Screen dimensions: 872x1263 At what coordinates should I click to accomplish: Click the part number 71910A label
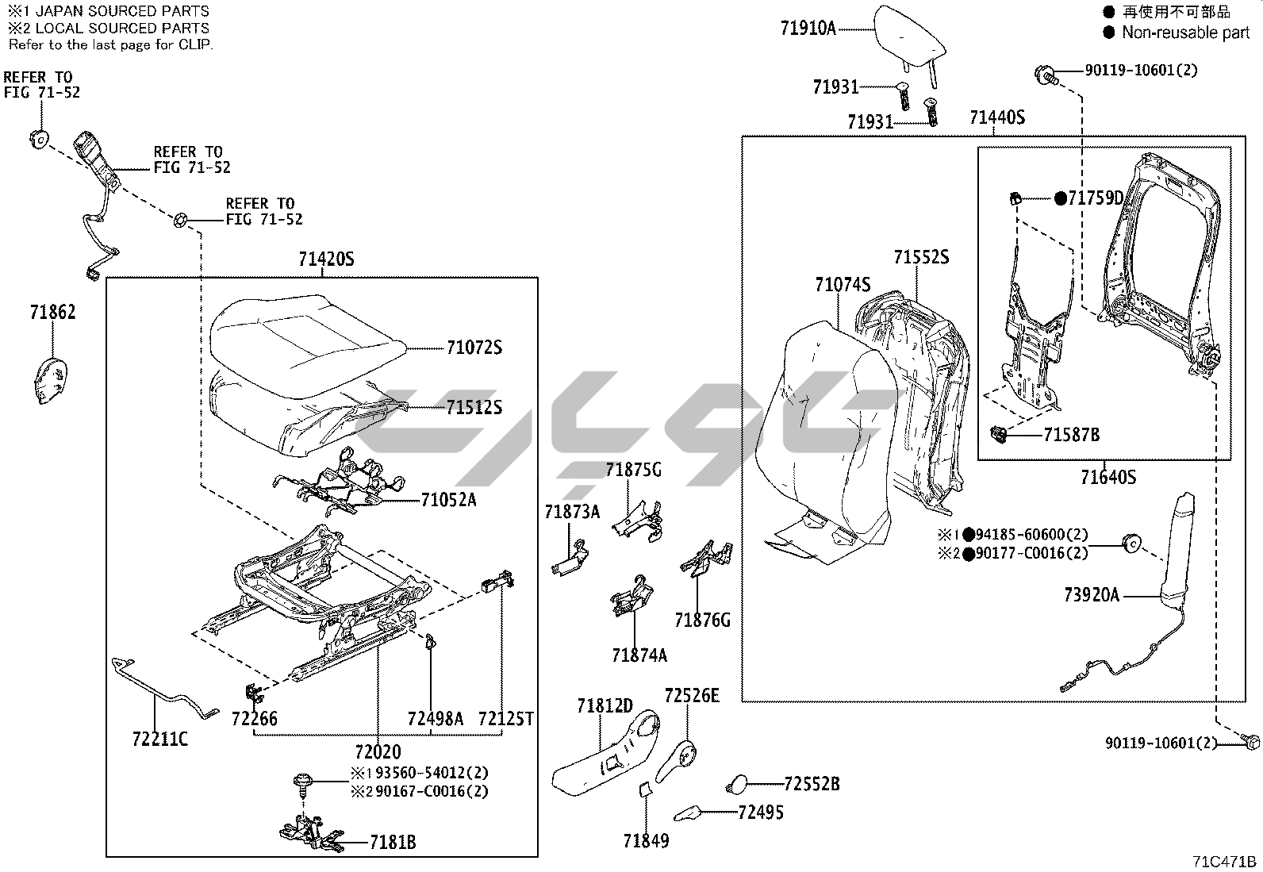808,29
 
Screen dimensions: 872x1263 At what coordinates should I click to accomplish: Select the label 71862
52,312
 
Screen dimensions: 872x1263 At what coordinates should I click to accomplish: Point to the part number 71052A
448,500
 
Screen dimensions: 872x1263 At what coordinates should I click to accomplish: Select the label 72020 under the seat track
378,751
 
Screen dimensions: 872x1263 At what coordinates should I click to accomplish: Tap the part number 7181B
392,843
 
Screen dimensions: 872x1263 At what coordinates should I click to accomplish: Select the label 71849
646,840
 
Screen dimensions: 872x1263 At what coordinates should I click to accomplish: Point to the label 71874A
639,655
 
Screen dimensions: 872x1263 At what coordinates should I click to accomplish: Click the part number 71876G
702,620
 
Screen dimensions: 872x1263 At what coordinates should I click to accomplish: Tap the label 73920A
1092,594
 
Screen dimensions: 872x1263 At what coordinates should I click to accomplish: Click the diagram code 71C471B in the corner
1224,861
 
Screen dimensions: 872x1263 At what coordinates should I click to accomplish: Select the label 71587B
1071,434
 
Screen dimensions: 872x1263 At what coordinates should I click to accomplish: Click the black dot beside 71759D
1060,198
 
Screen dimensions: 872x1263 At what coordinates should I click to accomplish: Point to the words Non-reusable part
1185,33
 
